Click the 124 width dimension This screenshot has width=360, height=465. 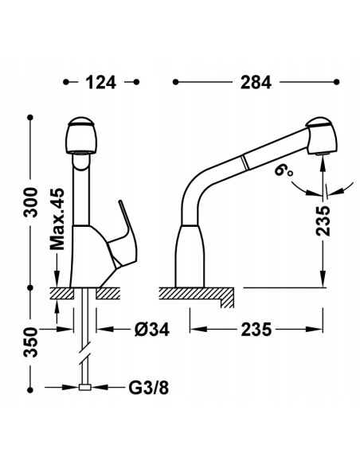[101, 83]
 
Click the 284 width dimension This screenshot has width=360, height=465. [256, 83]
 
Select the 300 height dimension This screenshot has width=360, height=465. [30, 202]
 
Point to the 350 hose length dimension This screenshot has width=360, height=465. [30, 342]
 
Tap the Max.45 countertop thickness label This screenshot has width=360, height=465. [57, 219]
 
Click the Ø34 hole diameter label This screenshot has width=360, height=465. [152, 330]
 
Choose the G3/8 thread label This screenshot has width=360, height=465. [149, 387]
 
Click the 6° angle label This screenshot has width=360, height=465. [283, 172]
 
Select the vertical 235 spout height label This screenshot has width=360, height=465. [323, 221]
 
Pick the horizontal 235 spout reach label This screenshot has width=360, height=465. [256, 330]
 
